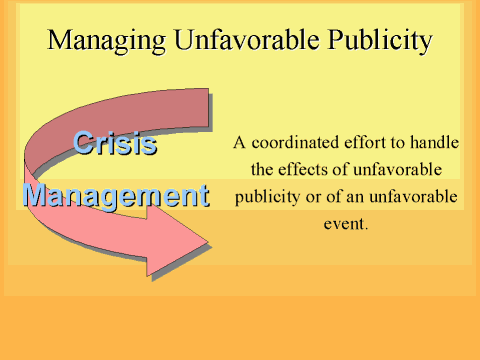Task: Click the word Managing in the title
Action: (x=106, y=41)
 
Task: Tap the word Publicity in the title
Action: (x=380, y=41)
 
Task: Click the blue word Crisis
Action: (x=115, y=143)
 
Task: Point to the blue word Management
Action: (x=116, y=197)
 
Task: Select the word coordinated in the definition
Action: (x=296, y=143)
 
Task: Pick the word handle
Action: (x=434, y=143)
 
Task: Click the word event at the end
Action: (x=346, y=224)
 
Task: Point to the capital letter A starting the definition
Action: (x=239, y=143)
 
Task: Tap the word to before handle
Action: (x=398, y=143)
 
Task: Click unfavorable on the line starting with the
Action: (x=397, y=169)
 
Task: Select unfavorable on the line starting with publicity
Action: (x=413, y=197)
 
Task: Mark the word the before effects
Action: (x=262, y=169)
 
